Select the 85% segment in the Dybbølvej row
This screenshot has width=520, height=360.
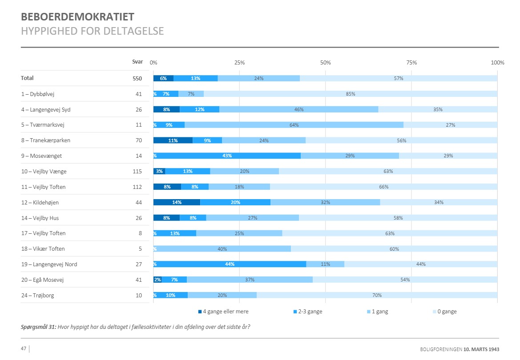click(x=351, y=94)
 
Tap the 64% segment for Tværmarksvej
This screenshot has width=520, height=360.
click(x=294, y=125)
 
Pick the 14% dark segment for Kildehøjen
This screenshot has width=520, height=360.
click(x=177, y=202)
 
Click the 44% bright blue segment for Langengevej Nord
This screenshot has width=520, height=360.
click(x=230, y=264)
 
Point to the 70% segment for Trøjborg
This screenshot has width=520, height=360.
click(x=377, y=295)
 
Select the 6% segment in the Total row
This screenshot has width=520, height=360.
click(x=163, y=78)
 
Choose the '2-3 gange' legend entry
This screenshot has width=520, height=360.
click(x=307, y=312)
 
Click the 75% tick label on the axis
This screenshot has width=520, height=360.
click(x=411, y=63)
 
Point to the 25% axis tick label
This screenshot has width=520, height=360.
click(x=239, y=63)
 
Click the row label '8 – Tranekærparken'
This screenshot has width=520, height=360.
click(x=45, y=140)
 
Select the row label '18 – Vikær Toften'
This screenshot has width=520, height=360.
click(x=43, y=249)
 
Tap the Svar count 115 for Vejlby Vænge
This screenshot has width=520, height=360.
click(x=137, y=172)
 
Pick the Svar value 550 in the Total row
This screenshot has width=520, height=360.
click(x=137, y=79)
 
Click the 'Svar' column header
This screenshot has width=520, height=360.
click(x=137, y=62)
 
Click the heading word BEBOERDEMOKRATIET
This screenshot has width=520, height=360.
click(x=78, y=17)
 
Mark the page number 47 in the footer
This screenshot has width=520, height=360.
click(x=24, y=348)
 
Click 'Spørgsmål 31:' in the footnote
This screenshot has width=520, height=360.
click(x=38, y=327)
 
